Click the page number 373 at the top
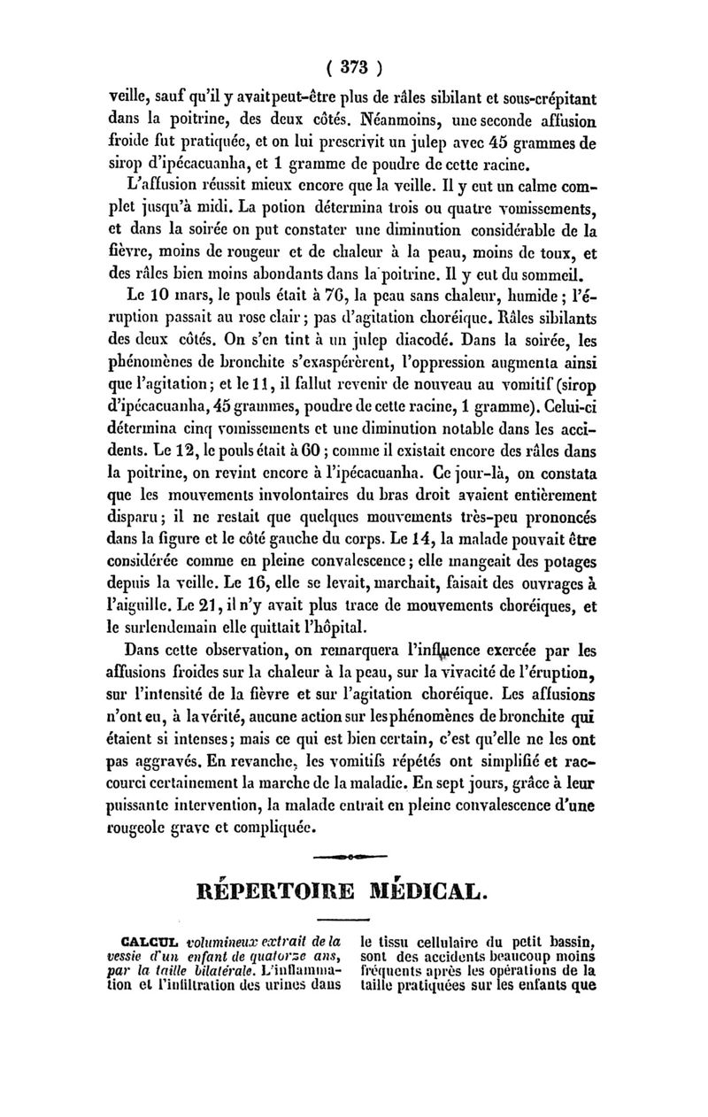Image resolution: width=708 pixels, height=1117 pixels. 353,69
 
